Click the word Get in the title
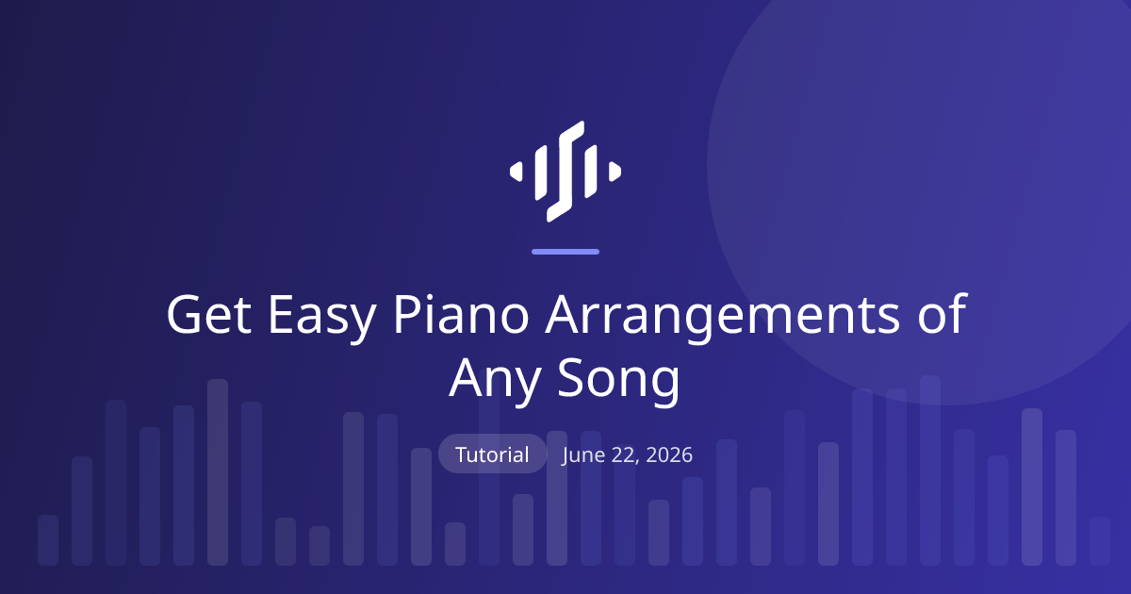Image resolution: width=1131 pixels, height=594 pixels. (x=208, y=314)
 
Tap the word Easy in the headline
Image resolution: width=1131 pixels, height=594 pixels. (x=322, y=319)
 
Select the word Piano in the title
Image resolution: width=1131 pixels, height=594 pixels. (x=461, y=313)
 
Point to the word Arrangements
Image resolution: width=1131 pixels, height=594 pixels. (x=723, y=319)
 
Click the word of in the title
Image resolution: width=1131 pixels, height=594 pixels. (x=942, y=312)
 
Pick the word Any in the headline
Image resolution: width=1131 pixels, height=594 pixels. (x=495, y=381)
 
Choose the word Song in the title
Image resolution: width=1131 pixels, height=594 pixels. (x=619, y=381)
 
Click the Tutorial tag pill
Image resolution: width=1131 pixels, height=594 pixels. (x=492, y=454)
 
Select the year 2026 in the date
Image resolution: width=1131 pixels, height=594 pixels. (x=669, y=454)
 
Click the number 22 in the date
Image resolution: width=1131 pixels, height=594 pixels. (x=625, y=455)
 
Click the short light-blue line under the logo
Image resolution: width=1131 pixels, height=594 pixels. (x=565, y=252)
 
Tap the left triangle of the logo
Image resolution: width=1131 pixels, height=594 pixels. (x=516, y=172)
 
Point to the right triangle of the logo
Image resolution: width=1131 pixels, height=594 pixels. (x=615, y=172)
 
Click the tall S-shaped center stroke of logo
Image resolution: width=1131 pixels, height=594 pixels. (x=565, y=172)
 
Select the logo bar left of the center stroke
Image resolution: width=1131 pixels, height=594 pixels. (x=541, y=173)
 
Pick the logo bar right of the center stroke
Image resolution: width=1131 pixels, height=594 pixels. (x=591, y=172)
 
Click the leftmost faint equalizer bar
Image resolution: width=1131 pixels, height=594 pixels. (x=48, y=540)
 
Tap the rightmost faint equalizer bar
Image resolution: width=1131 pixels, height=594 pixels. (x=1100, y=541)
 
